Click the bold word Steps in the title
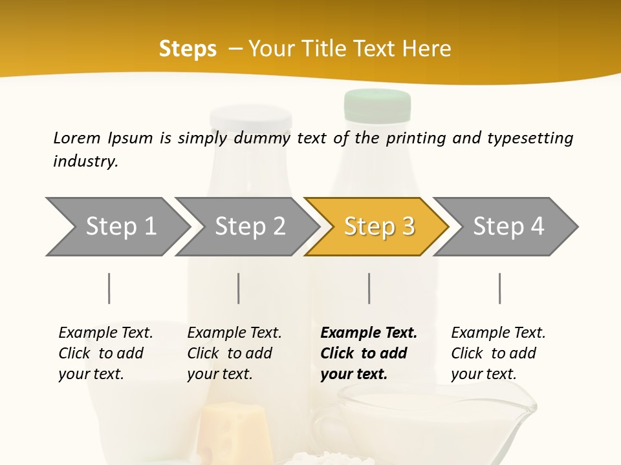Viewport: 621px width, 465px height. click(188, 48)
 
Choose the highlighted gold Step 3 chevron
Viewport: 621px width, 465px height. click(379, 226)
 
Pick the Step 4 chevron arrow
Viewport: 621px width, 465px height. click(508, 226)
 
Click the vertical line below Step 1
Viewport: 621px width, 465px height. click(109, 288)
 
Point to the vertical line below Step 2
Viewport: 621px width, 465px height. click(239, 288)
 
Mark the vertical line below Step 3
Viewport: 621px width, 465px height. click(369, 288)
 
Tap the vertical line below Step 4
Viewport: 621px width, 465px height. click(500, 288)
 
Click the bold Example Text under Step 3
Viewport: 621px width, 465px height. click(369, 333)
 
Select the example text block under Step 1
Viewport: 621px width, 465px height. click(105, 353)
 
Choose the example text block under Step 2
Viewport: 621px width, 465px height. click(234, 353)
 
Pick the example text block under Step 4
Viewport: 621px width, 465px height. click(498, 353)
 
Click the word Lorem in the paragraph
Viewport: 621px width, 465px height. click(77, 138)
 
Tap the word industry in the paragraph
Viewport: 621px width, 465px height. click(85, 161)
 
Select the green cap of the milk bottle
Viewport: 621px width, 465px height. click(377, 105)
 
